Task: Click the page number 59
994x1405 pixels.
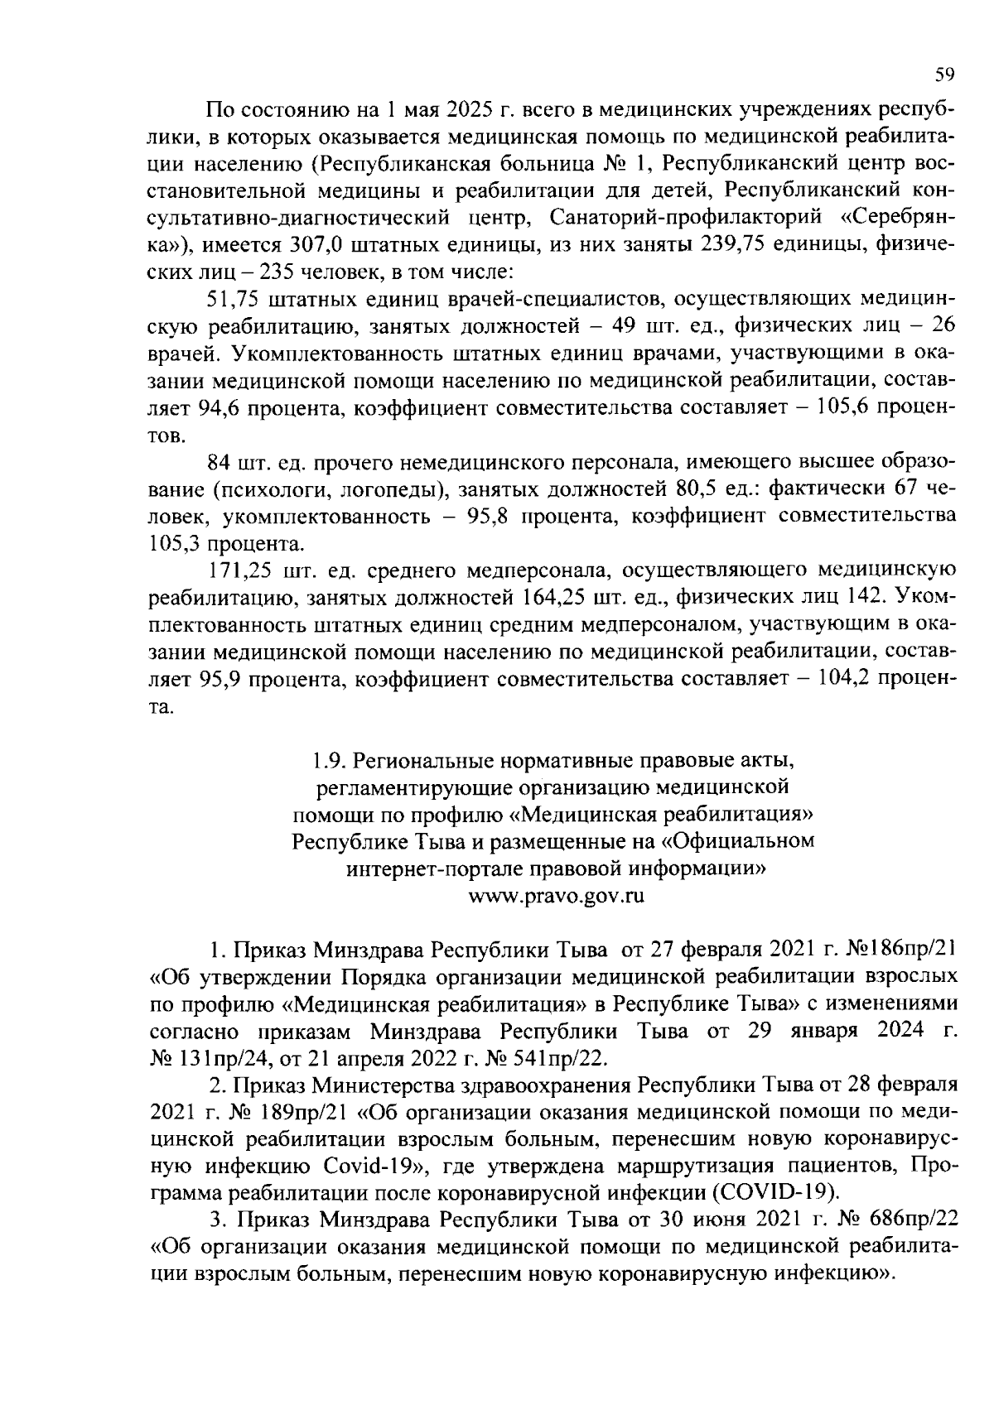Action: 945,75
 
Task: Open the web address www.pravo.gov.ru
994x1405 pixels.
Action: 556,896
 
